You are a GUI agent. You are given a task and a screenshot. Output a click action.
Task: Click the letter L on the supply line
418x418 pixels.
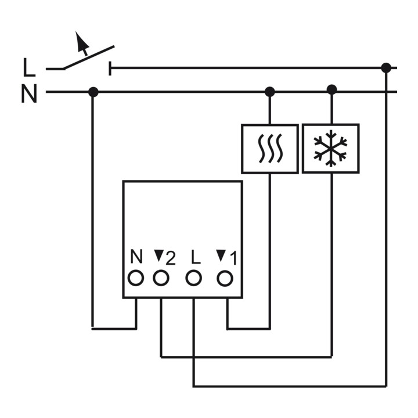(29, 68)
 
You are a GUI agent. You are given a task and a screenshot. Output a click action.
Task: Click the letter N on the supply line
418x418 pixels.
(29, 93)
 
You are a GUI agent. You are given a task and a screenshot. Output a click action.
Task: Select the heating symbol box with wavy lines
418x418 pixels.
(270, 149)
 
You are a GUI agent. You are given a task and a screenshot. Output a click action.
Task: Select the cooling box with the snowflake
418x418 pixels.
(331, 149)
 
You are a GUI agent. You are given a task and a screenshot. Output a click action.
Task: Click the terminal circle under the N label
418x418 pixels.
(136, 278)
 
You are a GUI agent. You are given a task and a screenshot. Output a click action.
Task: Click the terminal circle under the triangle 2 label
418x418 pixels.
(161, 278)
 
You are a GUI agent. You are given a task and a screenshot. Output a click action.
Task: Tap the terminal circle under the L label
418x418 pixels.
(193, 278)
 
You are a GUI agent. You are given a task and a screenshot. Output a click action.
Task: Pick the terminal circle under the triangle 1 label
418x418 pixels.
(225, 278)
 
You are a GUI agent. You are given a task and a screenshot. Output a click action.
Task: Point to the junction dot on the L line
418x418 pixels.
(386, 68)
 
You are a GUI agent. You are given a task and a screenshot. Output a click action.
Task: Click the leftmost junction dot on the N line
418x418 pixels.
(93, 92)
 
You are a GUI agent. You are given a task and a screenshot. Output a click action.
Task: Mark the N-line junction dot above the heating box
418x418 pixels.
(269, 92)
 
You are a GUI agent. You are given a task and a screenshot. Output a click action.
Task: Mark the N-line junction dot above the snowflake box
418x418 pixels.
(331, 89)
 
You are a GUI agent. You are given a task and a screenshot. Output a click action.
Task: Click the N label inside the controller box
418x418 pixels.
(136, 257)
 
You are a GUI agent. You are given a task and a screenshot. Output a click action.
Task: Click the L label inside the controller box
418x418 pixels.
(196, 257)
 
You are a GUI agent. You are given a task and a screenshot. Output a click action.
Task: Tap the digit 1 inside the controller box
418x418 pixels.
(233, 258)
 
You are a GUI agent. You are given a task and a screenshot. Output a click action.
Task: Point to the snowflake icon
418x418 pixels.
(330, 149)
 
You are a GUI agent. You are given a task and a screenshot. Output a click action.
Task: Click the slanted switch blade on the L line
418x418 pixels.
(88, 57)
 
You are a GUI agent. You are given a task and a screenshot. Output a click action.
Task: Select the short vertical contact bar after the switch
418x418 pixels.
(110, 69)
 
